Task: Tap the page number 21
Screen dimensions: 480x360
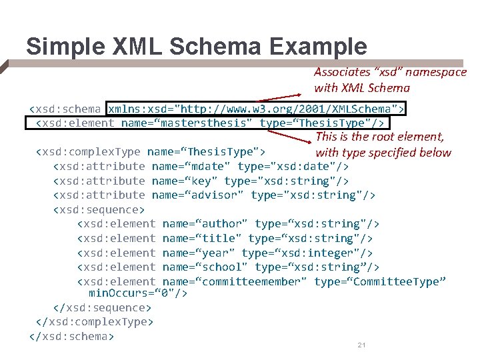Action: [x=363, y=345]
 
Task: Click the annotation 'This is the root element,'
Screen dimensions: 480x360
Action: [x=380, y=137]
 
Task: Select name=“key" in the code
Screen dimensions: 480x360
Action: [x=185, y=181]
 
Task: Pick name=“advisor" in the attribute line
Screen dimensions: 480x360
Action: [x=198, y=195]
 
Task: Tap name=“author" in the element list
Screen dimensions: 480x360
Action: [x=205, y=224]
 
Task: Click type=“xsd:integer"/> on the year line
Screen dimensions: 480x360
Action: [x=307, y=253]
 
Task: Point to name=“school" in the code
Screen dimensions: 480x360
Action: [x=205, y=267]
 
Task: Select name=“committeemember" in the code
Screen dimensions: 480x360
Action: [x=234, y=281]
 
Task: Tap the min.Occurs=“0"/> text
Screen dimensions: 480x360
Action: [x=137, y=293]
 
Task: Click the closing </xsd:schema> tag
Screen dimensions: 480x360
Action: [x=71, y=336]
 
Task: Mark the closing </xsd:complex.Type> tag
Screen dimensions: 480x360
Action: [x=95, y=321]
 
